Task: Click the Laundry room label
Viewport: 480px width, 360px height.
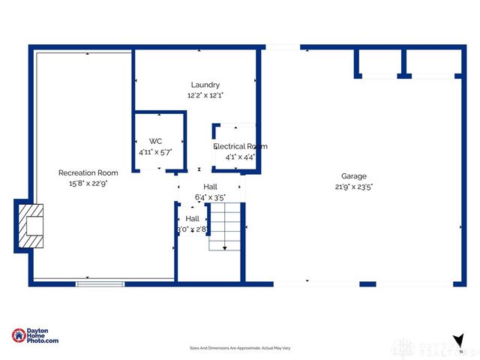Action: coord(205,85)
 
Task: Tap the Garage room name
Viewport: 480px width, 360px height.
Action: coord(354,177)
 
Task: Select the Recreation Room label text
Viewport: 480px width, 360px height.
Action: coord(88,173)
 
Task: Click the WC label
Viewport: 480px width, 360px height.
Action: coord(155,141)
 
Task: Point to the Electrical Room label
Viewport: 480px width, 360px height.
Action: coord(240,146)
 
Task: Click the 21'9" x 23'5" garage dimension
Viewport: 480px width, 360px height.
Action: coord(354,187)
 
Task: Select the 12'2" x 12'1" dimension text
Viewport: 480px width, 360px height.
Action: coord(205,95)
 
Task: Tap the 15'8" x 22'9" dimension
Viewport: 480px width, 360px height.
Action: coord(88,184)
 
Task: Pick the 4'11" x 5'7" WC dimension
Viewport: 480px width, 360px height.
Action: coord(155,151)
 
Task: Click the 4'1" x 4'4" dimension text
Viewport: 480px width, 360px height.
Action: coord(240,157)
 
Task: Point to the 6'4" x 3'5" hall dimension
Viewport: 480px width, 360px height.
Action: coord(210,198)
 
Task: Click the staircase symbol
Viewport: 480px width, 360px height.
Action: coord(226,228)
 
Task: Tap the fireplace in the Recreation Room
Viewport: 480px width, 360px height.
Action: coord(31,225)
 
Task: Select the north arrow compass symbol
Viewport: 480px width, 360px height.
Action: coord(457,340)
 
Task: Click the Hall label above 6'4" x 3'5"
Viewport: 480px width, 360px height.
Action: coord(210,187)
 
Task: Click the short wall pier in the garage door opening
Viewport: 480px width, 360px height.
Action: coord(367,284)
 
